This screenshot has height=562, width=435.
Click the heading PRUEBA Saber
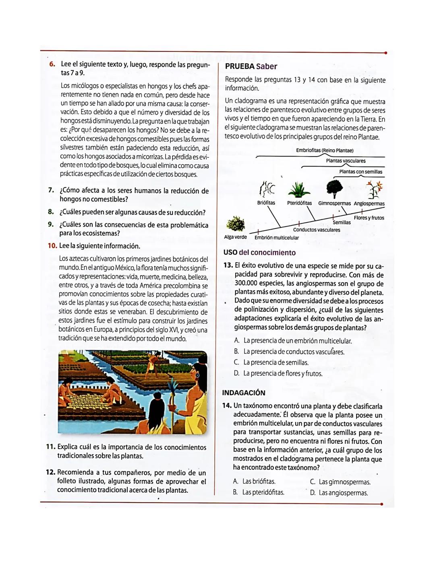click(251, 66)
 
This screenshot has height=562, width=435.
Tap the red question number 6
click(52, 64)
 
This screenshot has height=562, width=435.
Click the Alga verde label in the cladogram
click(235, 237)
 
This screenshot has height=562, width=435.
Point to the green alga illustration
click(236, 224)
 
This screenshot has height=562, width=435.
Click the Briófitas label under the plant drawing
click(266, 203)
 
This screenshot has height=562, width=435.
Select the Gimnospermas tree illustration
click(334, 189)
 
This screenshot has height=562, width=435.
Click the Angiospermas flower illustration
click(374, 189)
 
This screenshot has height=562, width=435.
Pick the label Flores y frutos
click(369, 218)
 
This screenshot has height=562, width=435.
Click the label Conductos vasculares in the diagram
click(317, 230)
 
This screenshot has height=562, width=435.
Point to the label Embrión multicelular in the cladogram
click(277, 238)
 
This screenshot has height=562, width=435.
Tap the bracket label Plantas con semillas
click(360, 172)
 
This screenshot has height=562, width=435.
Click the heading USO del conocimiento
click(259, 253)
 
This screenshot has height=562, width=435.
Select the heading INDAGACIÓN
click(244, 393)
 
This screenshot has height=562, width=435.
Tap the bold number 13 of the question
click(228, 266)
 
